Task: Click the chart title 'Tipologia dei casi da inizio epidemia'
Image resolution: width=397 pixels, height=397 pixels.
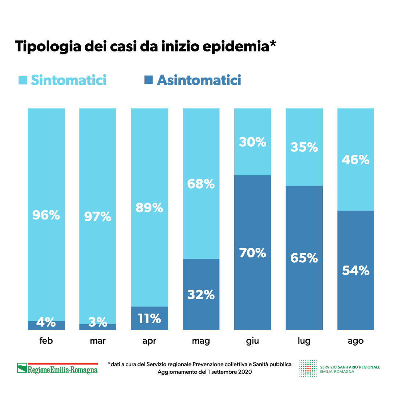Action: [x=146, y=47]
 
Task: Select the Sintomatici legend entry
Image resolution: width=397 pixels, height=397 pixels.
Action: [x=62, y=80]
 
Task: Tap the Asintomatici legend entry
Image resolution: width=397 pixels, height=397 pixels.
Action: [x=193, y=80]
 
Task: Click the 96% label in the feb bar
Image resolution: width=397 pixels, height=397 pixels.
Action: [x=46, y=215]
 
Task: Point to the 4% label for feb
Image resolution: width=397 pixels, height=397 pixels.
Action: [x=46, y=323]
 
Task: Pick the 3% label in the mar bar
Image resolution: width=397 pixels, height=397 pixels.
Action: [x=98, y=323]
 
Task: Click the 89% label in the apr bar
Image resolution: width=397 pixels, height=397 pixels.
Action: [x=149, y=208]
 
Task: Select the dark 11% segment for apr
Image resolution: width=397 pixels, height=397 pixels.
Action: [x=149, y=318]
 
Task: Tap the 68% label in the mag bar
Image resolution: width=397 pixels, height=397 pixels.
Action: [x=201, y=184]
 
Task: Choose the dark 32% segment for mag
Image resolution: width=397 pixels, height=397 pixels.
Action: [x=201, y=294]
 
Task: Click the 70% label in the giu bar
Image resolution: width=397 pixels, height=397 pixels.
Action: [x=253, y=253]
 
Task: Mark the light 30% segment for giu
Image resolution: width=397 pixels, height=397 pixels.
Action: [x=253, y=142]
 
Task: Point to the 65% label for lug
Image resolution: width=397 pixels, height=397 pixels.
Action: [x=304, y=258]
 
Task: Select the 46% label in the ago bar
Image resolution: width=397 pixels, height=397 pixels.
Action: [x=355, y=160]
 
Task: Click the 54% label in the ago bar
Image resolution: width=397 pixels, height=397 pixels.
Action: [x=355, y=271]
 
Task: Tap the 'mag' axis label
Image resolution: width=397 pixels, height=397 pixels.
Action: [x=201, y=341]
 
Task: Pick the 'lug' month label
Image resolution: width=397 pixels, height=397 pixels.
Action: [x=304, y=341]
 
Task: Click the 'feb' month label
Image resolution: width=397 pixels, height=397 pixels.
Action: [x=46, y=341]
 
